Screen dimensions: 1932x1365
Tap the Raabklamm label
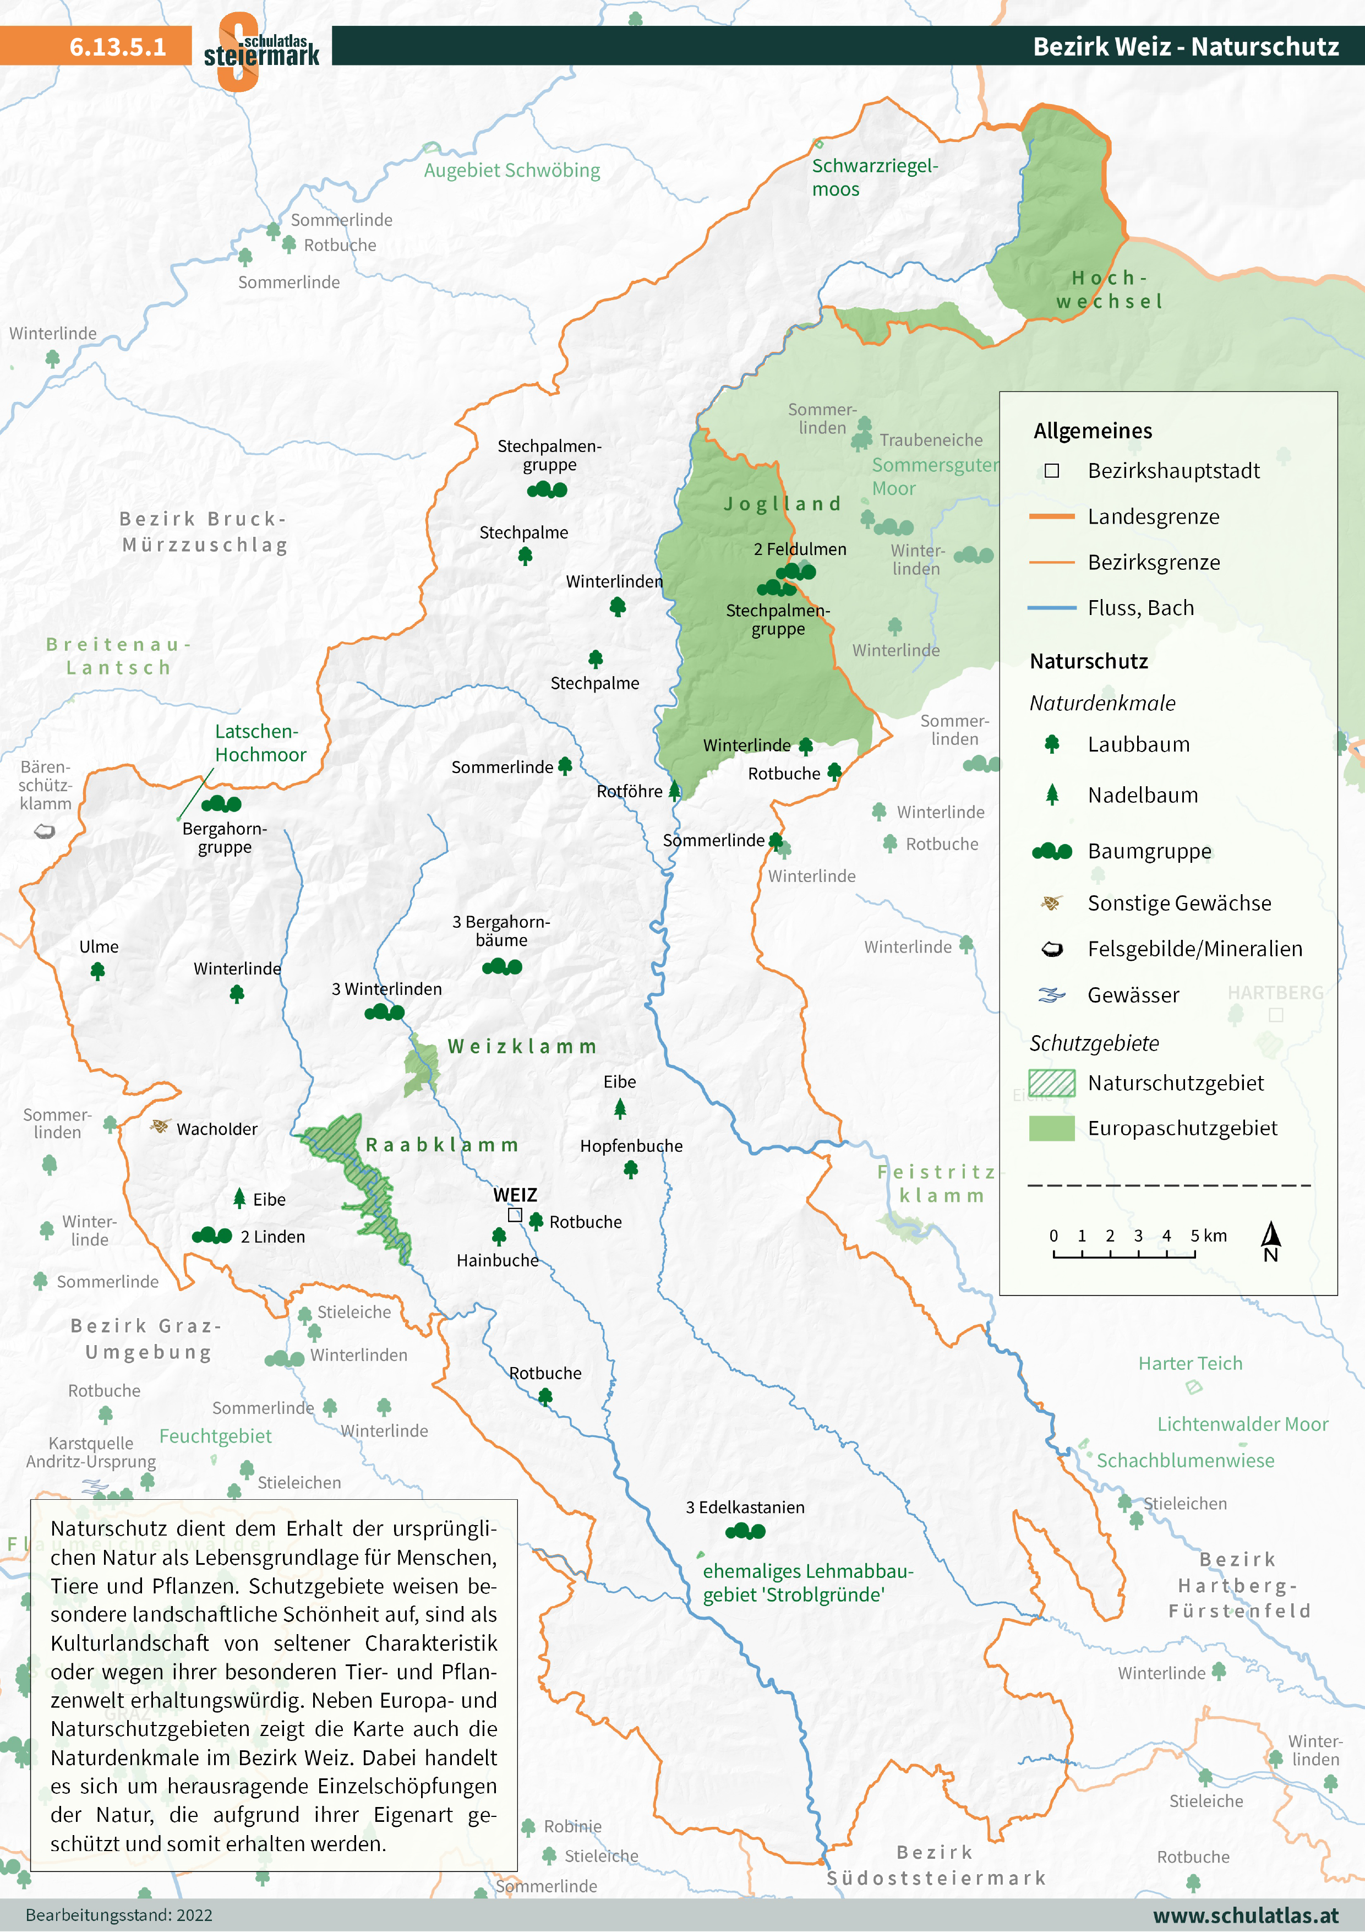pyautogui.click(x=441, y=1145)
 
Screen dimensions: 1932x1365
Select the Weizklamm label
pyautogui.click(x=521, y=1047)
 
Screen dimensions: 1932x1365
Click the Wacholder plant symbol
pyautogui.click(x=159, y=1126)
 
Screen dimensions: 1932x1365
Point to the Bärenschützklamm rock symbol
pyautogui.click(x=45, y=831)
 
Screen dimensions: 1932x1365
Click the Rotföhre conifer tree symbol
pyautogui.click(x=674, y=790)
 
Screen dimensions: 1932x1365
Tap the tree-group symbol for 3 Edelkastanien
pyautogui.click(x=745, y=1531)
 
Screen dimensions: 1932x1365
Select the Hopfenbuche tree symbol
pyautogui.click(x=631, y=1169)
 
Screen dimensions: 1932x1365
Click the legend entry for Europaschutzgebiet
pyautogui.click(x=1182, y=1128)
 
